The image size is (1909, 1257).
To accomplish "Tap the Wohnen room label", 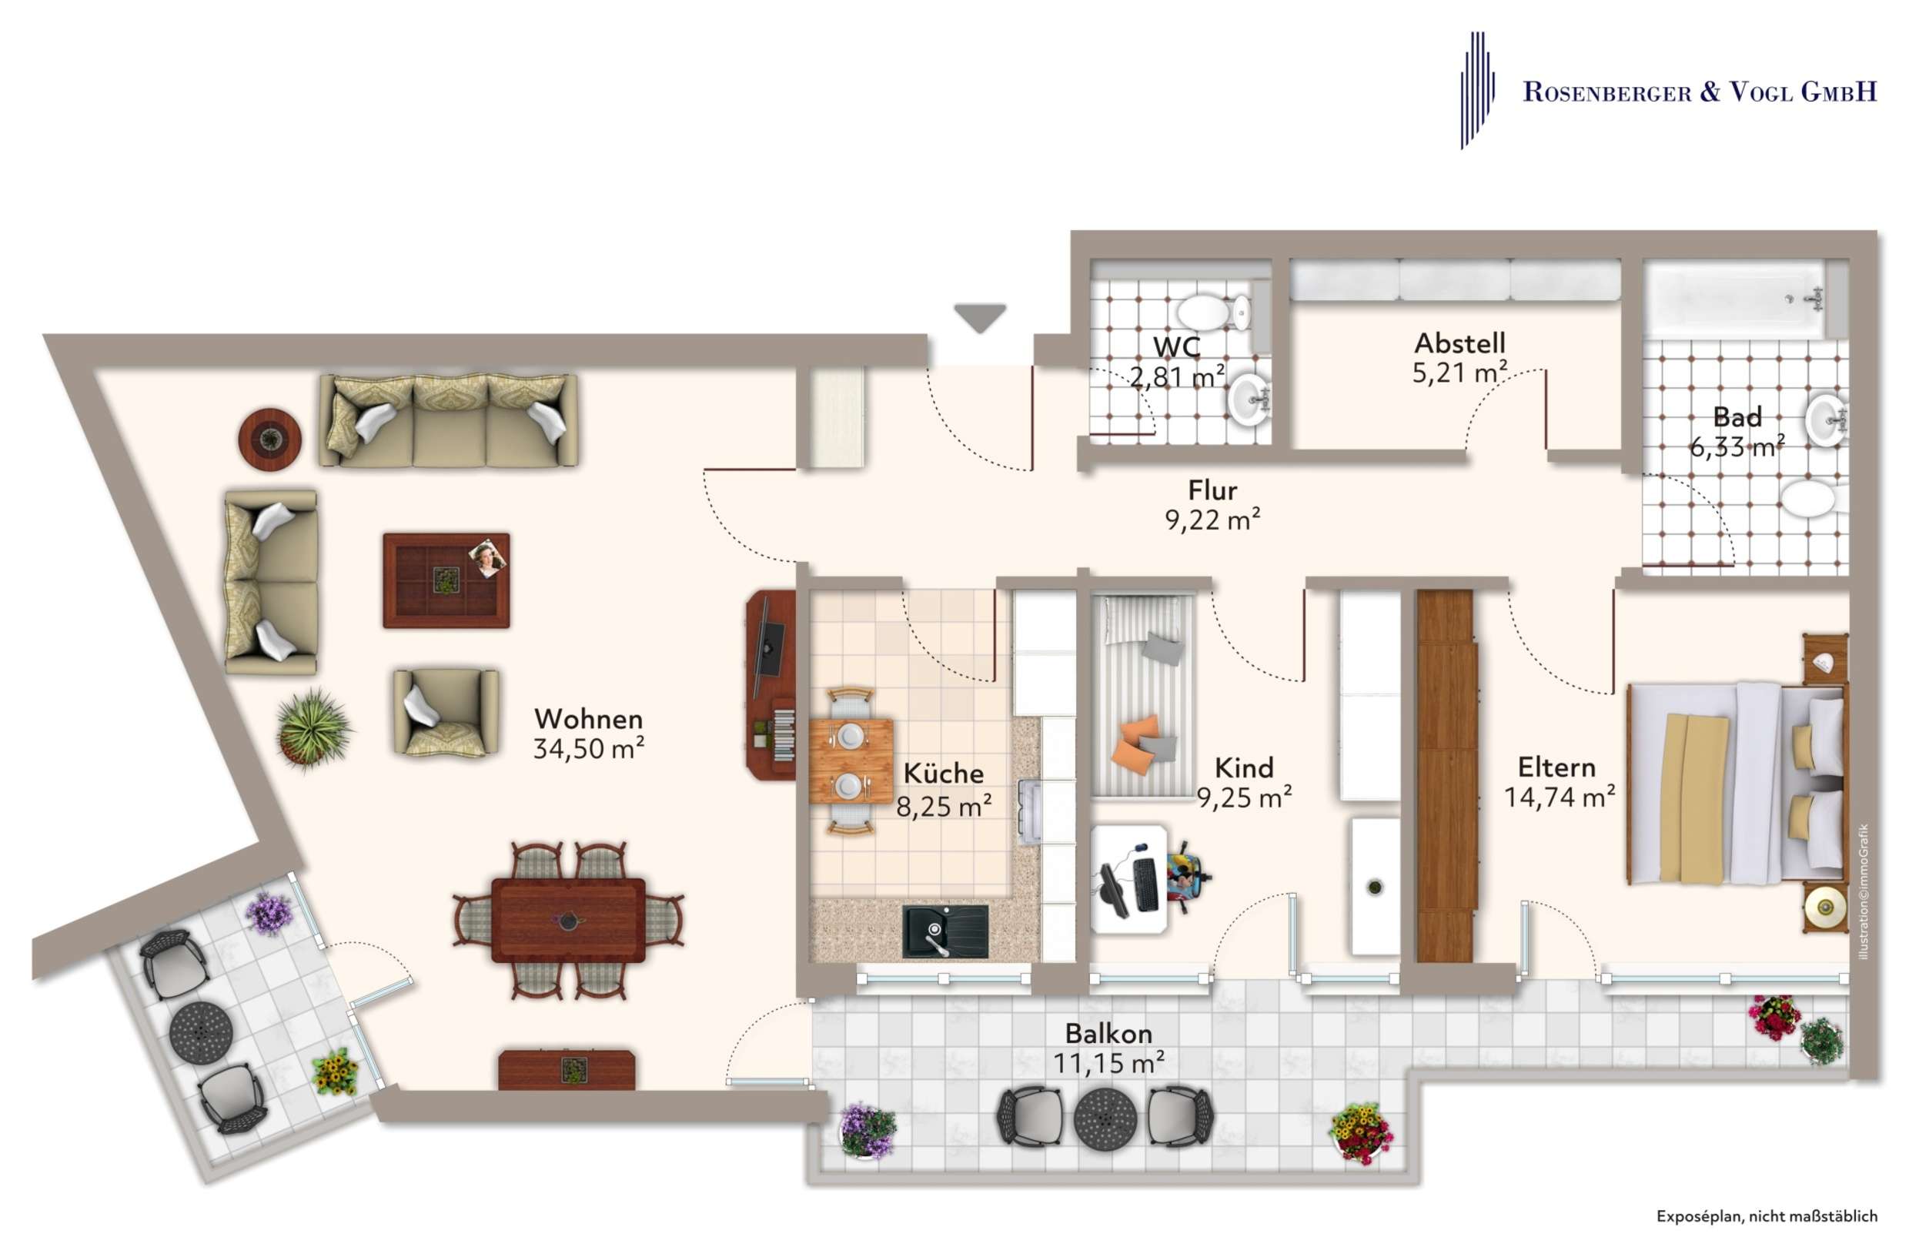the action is [x=589, y=718].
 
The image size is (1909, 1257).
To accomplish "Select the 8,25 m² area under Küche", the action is [x=944, y=805].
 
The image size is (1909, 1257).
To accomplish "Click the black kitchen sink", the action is [x=944, y=931].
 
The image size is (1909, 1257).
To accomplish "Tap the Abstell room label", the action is [x=1459, y=343].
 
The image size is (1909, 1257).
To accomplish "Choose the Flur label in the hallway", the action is [x=1213, y=490].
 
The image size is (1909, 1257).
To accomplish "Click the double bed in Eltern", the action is [x=1737, y=783].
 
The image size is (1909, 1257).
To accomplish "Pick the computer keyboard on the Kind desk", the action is [x=1145, y=883].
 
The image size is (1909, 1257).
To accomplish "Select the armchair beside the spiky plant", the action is [x=446, y=712].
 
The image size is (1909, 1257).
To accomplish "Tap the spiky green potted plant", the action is [x=313, y=729].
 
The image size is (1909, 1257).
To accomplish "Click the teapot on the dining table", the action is [x=568, y=920].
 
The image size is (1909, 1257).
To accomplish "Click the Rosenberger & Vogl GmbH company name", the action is [x=1700, y=92].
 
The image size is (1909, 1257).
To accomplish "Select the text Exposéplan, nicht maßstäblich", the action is [x=1767, y=1216].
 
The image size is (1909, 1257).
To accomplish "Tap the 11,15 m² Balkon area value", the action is [x=1108, y=1063].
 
